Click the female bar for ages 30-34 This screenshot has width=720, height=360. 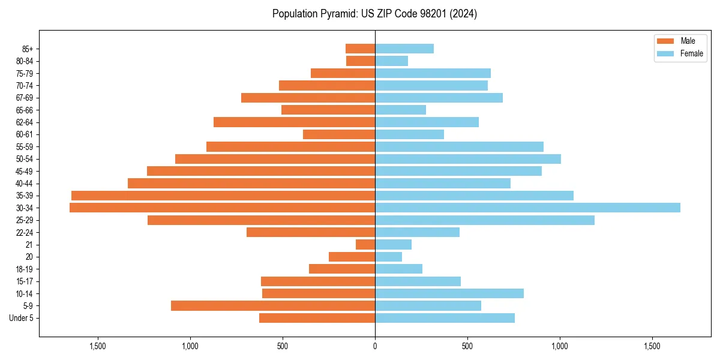tap(527, 208)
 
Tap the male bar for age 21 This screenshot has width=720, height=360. tap(365, 245)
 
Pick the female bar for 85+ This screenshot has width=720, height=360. tap(404, 49)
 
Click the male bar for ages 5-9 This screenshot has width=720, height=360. tap(273, 306)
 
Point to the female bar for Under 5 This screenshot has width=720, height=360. tap(445, 318)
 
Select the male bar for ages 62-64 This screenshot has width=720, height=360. tap(294, 122)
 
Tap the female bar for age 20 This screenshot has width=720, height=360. tap(388, 257)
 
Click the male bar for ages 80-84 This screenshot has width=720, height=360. tap(361, 61)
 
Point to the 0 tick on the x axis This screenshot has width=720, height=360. tap(375, 346)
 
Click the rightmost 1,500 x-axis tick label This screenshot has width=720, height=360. tap(652, 346)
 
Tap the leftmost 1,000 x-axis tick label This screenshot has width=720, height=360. tap(190, 346)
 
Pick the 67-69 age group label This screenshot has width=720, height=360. tap(25, 98)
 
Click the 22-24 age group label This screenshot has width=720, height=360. tap(25, 232)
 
